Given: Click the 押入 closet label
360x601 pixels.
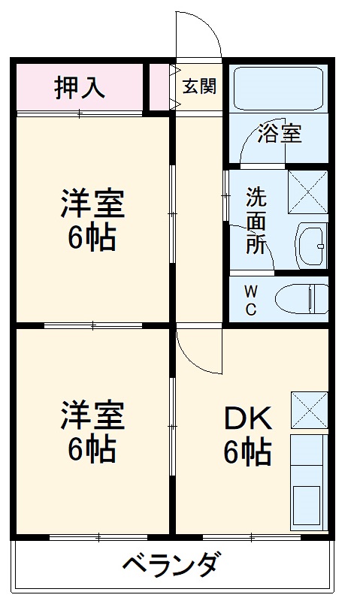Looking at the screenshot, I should click(x=79, y=87).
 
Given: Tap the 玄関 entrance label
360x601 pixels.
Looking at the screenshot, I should click(x=199, y=86).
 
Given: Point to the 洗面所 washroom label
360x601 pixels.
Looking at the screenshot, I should click(x=256, y=222).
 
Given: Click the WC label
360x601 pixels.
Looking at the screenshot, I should click(x=251, y=299).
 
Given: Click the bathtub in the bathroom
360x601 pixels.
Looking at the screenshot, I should click(x=278, y=89).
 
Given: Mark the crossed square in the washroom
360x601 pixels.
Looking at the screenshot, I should click(x=308, y=191).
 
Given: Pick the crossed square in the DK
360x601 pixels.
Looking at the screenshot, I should click(x=309, y=409).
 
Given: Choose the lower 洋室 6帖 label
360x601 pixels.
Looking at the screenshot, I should click(x=92, y=432).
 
